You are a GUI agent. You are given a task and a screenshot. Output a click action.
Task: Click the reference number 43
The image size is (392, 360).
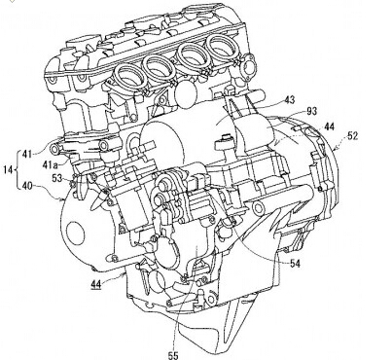288,100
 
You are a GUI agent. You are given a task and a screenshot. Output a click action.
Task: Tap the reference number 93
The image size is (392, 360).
311,112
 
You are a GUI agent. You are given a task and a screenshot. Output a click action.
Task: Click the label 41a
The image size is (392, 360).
51,164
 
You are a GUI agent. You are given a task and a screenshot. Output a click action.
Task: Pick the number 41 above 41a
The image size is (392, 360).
26,154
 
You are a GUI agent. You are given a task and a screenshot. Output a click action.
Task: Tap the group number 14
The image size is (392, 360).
9,169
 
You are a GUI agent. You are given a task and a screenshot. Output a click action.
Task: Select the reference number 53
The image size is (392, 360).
57,178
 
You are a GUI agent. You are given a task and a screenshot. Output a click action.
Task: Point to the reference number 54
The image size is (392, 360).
295,264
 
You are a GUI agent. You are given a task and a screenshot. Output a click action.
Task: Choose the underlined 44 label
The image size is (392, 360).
96,284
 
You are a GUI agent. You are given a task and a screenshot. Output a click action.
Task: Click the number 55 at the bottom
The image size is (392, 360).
173,355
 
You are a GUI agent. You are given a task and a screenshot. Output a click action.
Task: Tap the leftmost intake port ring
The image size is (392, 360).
128,77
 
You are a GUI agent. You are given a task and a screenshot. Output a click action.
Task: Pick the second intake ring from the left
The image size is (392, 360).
160,68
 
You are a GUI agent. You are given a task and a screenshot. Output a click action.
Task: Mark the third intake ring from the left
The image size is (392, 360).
193,57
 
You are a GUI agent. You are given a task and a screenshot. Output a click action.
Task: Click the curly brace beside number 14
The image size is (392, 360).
17,169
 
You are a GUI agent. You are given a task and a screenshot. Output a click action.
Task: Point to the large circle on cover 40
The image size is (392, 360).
75,234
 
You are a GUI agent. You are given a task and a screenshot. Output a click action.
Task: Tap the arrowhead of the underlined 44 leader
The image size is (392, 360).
124,275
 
